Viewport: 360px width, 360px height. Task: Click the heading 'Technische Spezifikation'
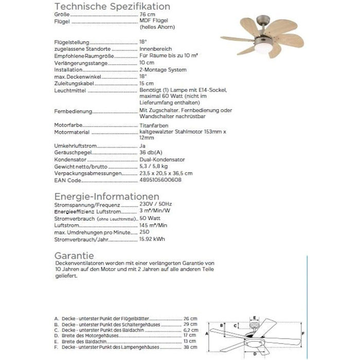[x=112, y=7]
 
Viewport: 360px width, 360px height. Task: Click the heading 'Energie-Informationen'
[x=106, y=197]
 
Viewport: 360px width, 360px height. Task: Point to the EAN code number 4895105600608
[x=160, y=181]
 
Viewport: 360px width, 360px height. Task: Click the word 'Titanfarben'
[x=153, y=125]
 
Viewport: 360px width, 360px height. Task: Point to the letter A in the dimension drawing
[x=207, y=334]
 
